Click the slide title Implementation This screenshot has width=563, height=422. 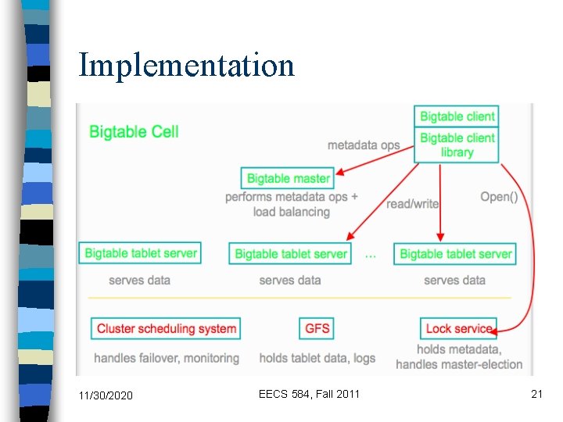click(186, 66)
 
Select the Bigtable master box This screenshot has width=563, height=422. click(287, 178)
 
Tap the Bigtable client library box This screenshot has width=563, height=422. click(457, 145)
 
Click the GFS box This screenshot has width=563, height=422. click(317, 328)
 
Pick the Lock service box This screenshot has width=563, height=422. click(458, 328)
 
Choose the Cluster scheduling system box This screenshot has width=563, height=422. click(166, 328)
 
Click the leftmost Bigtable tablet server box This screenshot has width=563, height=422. click(140, 253)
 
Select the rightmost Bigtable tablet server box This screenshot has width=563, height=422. click(455, 254)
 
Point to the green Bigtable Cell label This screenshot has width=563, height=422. click(134, 132)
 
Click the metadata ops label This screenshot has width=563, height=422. click(364, 145)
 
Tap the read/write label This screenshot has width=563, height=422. click(412, 204)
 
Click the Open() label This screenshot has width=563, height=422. click(499, 197)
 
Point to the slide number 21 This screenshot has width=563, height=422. click(536, 394)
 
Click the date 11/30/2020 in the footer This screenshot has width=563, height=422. click(106, 395)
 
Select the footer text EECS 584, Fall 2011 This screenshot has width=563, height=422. click(309, 394)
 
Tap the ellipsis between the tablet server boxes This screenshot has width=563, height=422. click(371, 256)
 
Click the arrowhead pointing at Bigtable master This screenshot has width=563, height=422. click(339, 172)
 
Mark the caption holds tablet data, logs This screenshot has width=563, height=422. click(317, 358)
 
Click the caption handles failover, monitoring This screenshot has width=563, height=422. click(167, 358)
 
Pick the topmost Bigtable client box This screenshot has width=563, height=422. click(457, 116)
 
